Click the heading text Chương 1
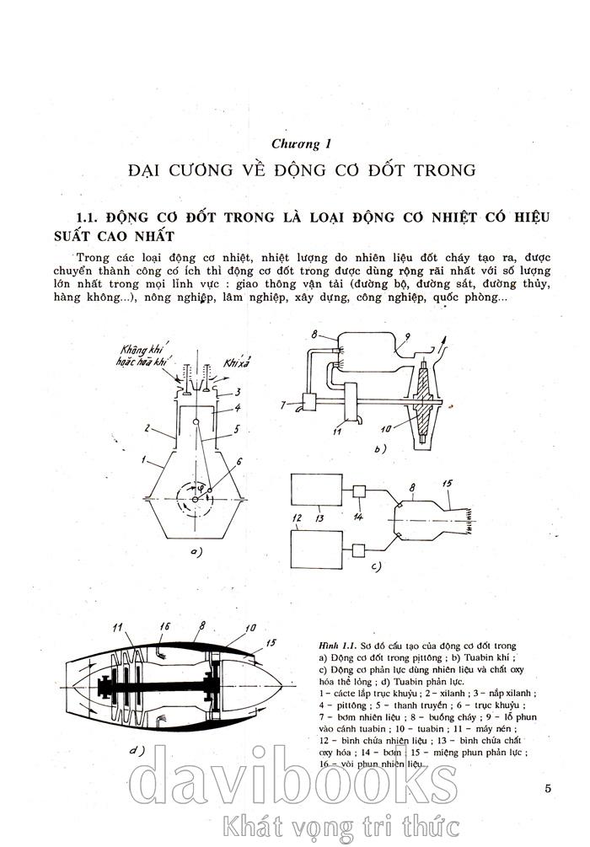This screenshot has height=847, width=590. [x=294, y=144]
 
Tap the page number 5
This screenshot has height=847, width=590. [x=548, y=789]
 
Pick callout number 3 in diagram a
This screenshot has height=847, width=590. [x=239, y=392]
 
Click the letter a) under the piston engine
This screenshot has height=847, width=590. [x=196, y=552]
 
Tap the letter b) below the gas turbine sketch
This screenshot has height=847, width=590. [x=379, y=449]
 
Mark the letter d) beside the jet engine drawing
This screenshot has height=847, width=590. [x=137, y=750]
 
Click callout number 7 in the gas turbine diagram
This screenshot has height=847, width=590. [x=284, y=405]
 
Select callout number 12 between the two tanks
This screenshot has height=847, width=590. [x=297, y=517]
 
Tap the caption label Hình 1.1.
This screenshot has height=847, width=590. [x=336, y=643]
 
